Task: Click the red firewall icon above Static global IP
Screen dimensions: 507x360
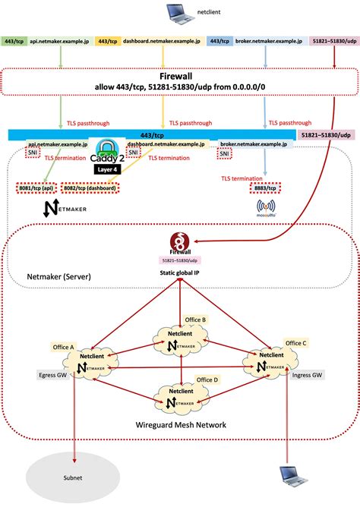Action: [x=180, y=241]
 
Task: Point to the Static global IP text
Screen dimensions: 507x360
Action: [x=180, y=270]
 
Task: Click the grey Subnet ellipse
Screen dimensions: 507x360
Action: [x=74, y=480]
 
